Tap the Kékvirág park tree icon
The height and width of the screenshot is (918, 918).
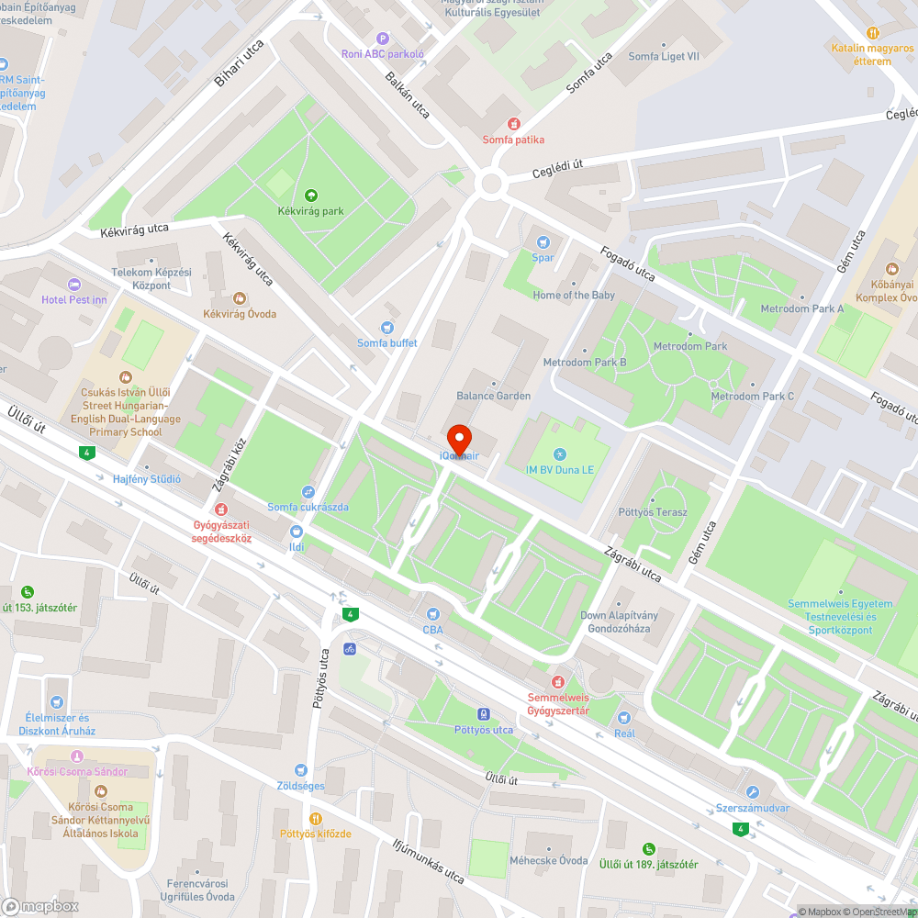click(311, 195)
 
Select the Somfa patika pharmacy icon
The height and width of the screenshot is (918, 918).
click(514, 124)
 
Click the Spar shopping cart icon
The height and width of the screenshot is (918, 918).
click(543, 241)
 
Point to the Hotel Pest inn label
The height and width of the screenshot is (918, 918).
click(74, 299)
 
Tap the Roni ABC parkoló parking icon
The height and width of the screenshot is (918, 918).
click(383, 39)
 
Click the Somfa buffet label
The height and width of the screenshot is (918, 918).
click(387, 343)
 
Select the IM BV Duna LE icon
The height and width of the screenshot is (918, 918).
click(561, 454)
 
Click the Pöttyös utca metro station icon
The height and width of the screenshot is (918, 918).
click(484, 714)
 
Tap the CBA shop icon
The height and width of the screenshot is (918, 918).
click(432, 614)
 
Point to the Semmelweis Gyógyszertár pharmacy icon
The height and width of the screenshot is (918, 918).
click(558, 681)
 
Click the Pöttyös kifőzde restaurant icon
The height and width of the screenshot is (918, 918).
click(316, 818)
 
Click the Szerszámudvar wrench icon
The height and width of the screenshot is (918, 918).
click(753, 792)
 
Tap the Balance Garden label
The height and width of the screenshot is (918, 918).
click(494, 396)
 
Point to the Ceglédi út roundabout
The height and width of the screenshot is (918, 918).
click(491, 183)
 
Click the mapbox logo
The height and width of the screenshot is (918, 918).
click(40, 906)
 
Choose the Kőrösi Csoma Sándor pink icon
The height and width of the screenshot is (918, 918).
click(76, 756)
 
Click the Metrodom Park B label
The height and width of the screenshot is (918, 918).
click(585, 363)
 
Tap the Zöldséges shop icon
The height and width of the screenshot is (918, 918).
click(300, 770)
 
